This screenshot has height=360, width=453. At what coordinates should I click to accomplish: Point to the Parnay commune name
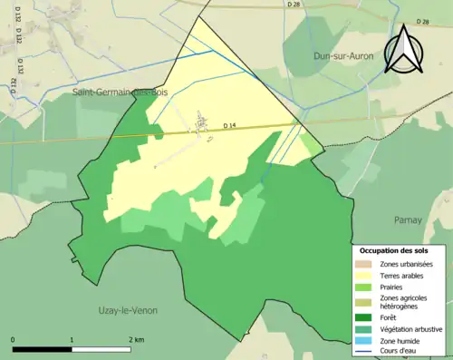coord(408,219)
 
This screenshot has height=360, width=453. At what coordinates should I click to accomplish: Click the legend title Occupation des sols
coord(394,249)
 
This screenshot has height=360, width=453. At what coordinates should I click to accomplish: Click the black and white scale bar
coord(72,348)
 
